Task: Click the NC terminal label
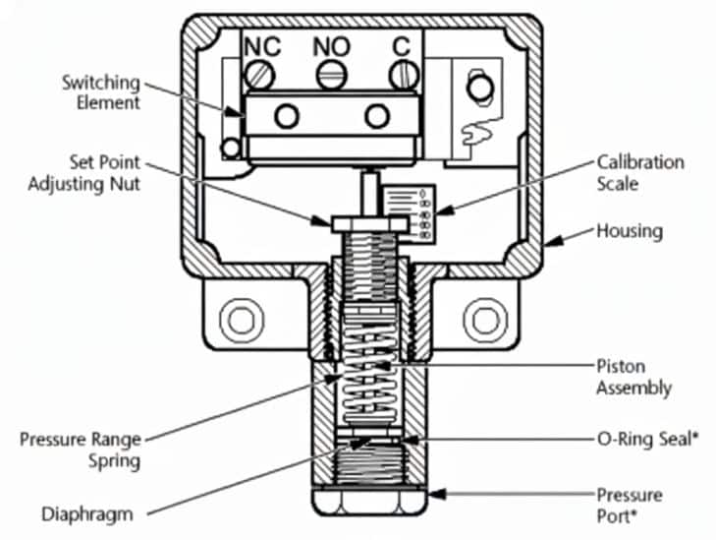click(x=262, y=46)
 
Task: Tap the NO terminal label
click(x=332, y=46)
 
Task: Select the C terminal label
click(x=402, y=46)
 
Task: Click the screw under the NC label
click(x=259, y=76)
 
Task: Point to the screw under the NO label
click(x=332, y=76)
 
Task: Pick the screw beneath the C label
click(x=404, y=76)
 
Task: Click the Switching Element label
click(x=101, y=92)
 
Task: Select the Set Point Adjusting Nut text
click(x=84, y=173)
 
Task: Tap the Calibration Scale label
click(x=640, y=173)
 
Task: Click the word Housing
click(x=630, y=231)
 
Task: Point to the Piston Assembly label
click(x=633, y=378)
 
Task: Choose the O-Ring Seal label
click(x=648, y=440)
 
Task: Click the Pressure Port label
click(x=630, y=506)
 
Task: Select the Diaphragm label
click(x=87, y=514)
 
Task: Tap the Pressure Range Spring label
click(x=81, y=450)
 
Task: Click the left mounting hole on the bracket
click(x=242, y=320)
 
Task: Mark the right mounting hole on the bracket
click(x=485, y=320)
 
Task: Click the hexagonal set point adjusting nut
click(x=370, y=224)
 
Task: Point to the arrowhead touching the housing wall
click(x=554, y=241)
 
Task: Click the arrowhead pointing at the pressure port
click(x=436, y=494)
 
